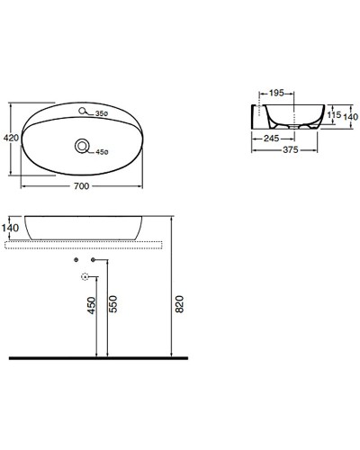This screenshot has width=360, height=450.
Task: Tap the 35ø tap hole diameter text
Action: coord(102,113)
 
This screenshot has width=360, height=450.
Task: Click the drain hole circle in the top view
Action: coord(83,147)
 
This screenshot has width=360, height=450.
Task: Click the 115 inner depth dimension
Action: coord(332,114)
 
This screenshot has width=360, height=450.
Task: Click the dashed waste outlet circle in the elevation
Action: coord(85,276)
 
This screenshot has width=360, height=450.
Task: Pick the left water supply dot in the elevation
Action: coord(77,260)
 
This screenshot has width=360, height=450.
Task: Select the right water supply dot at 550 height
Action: coord(94,260)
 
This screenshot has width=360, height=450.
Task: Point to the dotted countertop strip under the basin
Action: coord(90,244)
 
